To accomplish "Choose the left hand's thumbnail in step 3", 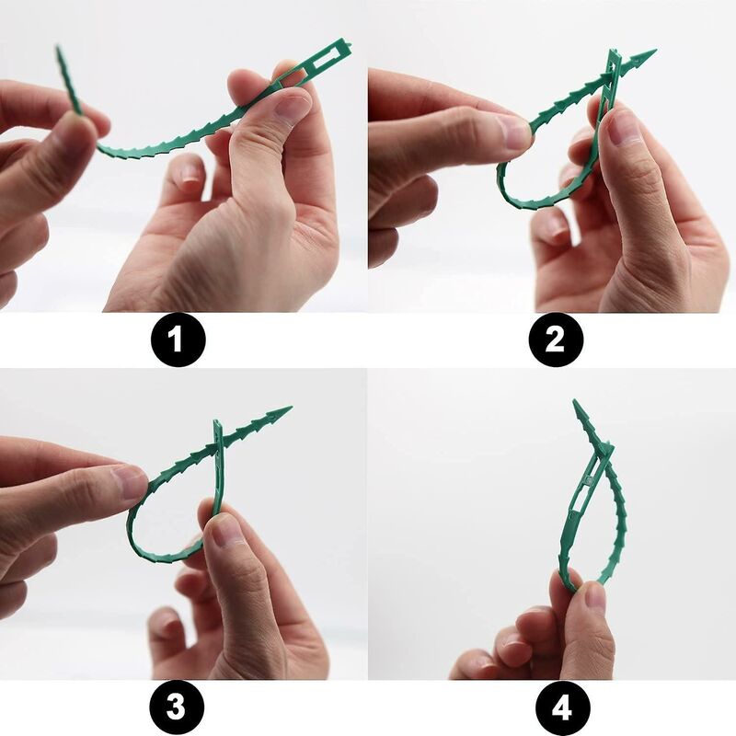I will coord(129,482).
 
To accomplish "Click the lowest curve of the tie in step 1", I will coord(147,152).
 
